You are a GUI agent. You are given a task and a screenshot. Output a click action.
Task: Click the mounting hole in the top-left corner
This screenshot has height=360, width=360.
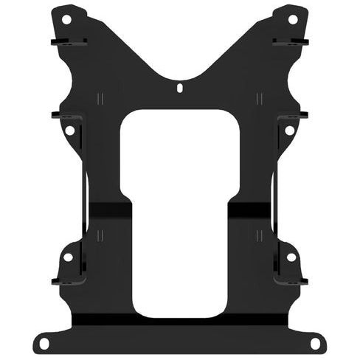66,18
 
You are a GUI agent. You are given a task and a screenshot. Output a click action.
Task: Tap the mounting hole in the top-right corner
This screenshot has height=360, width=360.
292,18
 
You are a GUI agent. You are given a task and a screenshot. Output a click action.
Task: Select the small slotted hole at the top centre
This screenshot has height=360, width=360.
180,87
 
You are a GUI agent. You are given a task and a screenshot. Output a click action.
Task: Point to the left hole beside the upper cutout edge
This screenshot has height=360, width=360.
69,130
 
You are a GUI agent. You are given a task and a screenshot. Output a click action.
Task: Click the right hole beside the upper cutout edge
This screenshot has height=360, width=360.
289,130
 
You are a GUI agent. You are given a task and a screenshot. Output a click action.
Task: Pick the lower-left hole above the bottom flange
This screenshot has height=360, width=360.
67,257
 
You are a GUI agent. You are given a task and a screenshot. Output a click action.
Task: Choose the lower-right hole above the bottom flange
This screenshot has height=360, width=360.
291,257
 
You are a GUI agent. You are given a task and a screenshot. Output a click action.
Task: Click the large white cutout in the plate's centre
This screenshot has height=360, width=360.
180,214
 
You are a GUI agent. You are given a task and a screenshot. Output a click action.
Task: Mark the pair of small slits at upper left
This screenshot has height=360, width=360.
103,98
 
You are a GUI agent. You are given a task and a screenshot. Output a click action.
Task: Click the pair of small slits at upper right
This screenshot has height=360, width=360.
257,98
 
